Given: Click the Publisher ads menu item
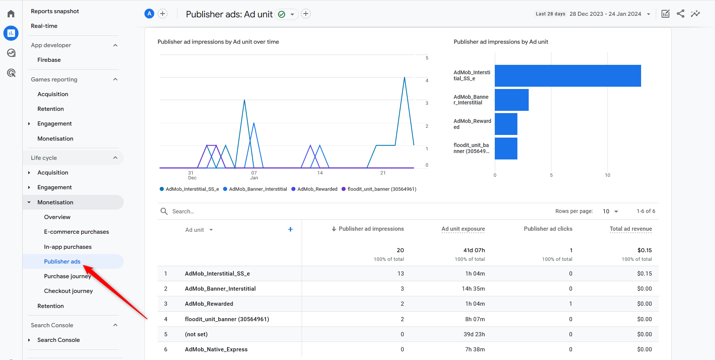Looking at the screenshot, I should point(62,262).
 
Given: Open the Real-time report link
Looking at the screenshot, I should point(44,26).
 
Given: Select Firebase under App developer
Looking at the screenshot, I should point(49,60).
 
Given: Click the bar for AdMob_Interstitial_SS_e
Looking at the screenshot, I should point(568,76).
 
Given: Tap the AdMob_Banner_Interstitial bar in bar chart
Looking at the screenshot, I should point(511,100).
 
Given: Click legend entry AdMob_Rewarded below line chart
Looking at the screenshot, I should point(317,189).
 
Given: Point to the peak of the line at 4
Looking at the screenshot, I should point(405,78).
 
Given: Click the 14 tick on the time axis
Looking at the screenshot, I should point(320,173).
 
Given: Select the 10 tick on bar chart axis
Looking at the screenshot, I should point(607,175).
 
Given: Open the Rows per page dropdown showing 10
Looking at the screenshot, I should point(610,211).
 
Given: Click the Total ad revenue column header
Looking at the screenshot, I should point(631,229).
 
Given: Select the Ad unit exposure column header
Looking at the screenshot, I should point(463,229).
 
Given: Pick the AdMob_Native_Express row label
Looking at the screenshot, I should point(216,349).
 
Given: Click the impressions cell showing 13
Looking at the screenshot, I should point(400,274).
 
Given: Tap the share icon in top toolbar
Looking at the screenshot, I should point(680,14).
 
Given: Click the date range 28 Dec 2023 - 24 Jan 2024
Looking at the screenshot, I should point(605,14).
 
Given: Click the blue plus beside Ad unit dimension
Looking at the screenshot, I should point(290,229).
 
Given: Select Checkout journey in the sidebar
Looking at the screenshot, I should point(68,291).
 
